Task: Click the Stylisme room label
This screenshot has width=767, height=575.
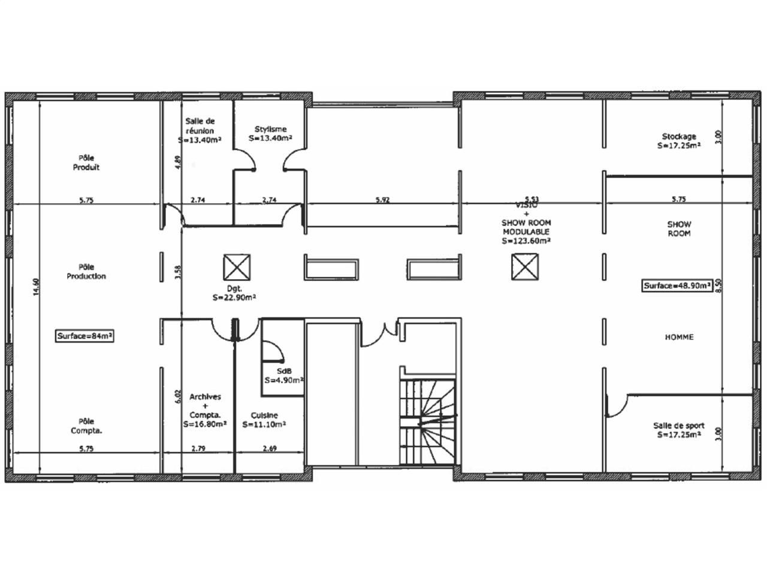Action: point(270,134)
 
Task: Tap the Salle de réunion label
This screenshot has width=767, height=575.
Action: point(200,131)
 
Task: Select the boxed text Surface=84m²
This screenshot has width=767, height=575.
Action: point(86,336)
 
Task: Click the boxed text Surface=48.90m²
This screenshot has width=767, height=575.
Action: point(677,286)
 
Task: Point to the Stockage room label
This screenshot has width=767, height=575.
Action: point(679,141)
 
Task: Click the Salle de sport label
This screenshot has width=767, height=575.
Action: point(678,430)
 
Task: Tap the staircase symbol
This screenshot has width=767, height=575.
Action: point(427,421)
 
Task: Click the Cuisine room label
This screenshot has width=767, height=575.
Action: point(264,419)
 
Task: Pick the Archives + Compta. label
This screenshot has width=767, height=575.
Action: point(205,410)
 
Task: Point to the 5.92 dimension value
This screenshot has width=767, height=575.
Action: point(383,200)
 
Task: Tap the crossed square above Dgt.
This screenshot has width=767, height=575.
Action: point(237,267)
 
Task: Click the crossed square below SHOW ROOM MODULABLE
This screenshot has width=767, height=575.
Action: point(525,267)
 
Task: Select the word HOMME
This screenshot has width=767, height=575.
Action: point(679,337)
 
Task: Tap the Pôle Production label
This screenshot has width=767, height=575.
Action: point(86,271)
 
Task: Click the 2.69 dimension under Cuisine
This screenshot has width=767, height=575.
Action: point(270,448)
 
